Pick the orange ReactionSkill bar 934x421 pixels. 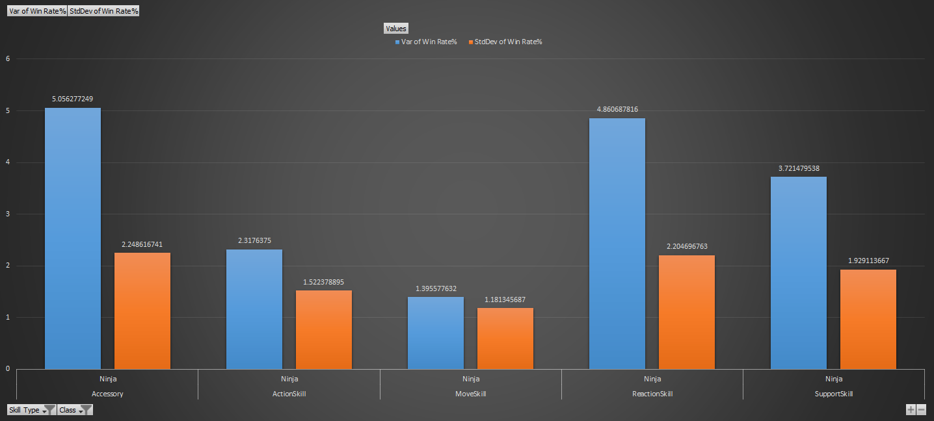point(686,312)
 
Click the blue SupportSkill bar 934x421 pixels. point(798,272)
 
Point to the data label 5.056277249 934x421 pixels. point(72,99)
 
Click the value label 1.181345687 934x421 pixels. point(505,300)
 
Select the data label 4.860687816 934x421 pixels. point(617,109)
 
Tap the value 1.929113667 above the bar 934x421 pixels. point(868,261)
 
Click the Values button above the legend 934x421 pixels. point(395,28)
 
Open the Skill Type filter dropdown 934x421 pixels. point(31,410)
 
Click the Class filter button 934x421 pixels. point(75,410)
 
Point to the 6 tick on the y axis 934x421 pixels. point(8,58)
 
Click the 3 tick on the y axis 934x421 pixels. point(8,214)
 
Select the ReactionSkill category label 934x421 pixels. point(652,394)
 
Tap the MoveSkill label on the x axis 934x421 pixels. point(470,394)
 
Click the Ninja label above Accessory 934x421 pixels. point(107,379)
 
